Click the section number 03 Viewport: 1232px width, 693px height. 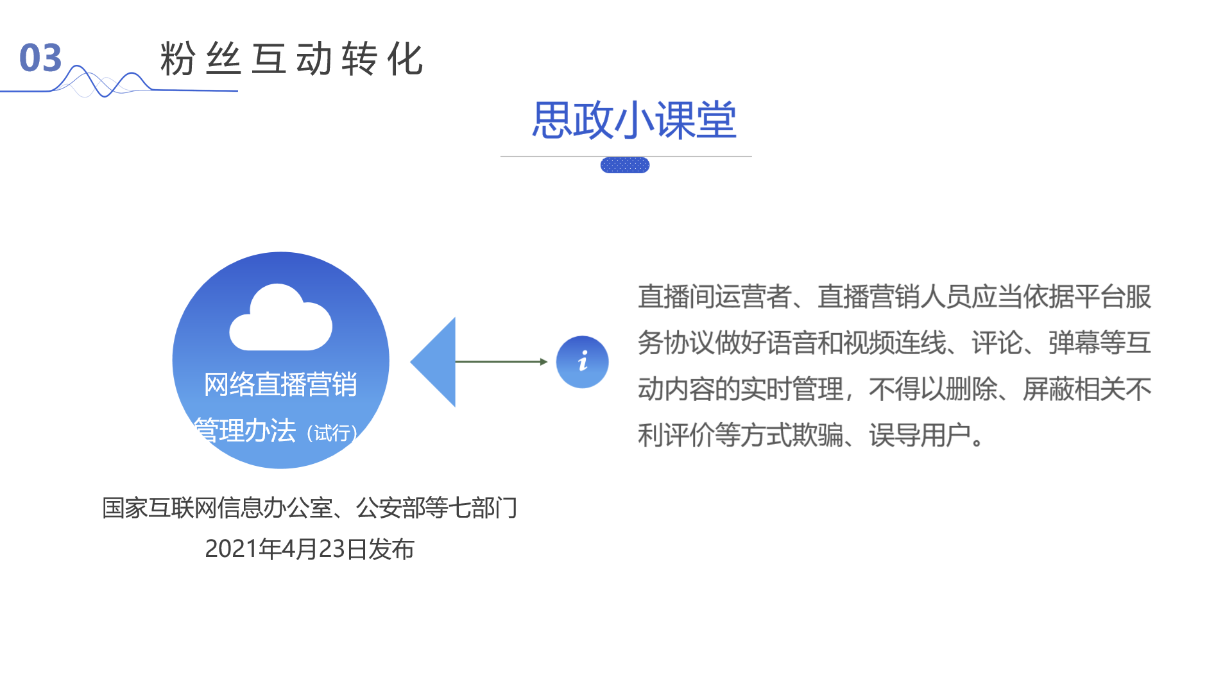tap(40, 58)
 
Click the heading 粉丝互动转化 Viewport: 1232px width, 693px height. tap(291, 59)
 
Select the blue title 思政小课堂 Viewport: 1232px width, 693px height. tap(634, 120)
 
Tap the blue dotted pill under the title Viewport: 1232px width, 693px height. tap(624, 166)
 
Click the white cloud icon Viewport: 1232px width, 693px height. tap(281, 319)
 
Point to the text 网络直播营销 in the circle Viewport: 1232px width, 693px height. tap(280, 384)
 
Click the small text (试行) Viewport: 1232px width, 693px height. tap(332, 433)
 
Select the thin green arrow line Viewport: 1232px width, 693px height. tap(501, 362)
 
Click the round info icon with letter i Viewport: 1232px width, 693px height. tap(582, 362)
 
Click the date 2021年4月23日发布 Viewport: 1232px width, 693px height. tap(309, 549)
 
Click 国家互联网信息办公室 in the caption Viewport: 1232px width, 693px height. tap(218, 508)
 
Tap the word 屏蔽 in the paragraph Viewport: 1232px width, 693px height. tap(1048, 389)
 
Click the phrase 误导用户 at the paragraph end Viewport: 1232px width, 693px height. tap(920, 436)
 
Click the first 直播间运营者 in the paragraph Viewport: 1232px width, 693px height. tap(714, 297)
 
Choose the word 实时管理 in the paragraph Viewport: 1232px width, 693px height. tap(791, 389)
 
